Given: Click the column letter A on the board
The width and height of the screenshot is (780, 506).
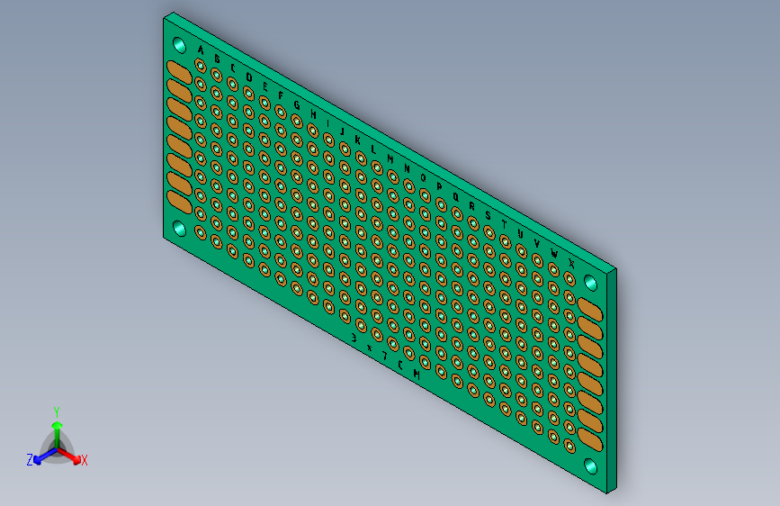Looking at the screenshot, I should coord(201,50).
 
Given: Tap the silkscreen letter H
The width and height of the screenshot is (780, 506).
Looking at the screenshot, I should coord(313,114).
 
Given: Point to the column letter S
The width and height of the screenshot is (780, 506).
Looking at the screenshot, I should coord(489,214).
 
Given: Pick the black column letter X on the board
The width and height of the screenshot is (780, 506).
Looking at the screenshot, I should coord(572,262).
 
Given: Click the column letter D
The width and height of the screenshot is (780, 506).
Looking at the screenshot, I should coord(248,77).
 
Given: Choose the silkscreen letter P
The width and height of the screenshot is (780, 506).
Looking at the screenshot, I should coord(440,186).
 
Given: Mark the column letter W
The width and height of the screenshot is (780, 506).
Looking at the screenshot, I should coord(555,253).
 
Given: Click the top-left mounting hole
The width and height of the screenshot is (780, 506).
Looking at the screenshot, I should coord(178,46).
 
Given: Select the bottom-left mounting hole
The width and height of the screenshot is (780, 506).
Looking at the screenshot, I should coord(178,229).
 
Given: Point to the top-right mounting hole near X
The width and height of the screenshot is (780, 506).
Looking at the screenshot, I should coord(591,283).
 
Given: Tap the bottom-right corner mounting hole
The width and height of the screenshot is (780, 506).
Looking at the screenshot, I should coord(591,466).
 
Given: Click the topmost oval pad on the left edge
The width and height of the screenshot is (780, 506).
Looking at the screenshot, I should coord(179,71).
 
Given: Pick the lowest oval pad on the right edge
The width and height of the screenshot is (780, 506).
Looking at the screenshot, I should coord(591,438).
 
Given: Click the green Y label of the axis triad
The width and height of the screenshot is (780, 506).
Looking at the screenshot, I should coord(57,411).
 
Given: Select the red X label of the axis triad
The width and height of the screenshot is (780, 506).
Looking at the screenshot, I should coord(85,461).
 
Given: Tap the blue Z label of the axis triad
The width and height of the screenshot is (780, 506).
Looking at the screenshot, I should coord(30,460).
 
